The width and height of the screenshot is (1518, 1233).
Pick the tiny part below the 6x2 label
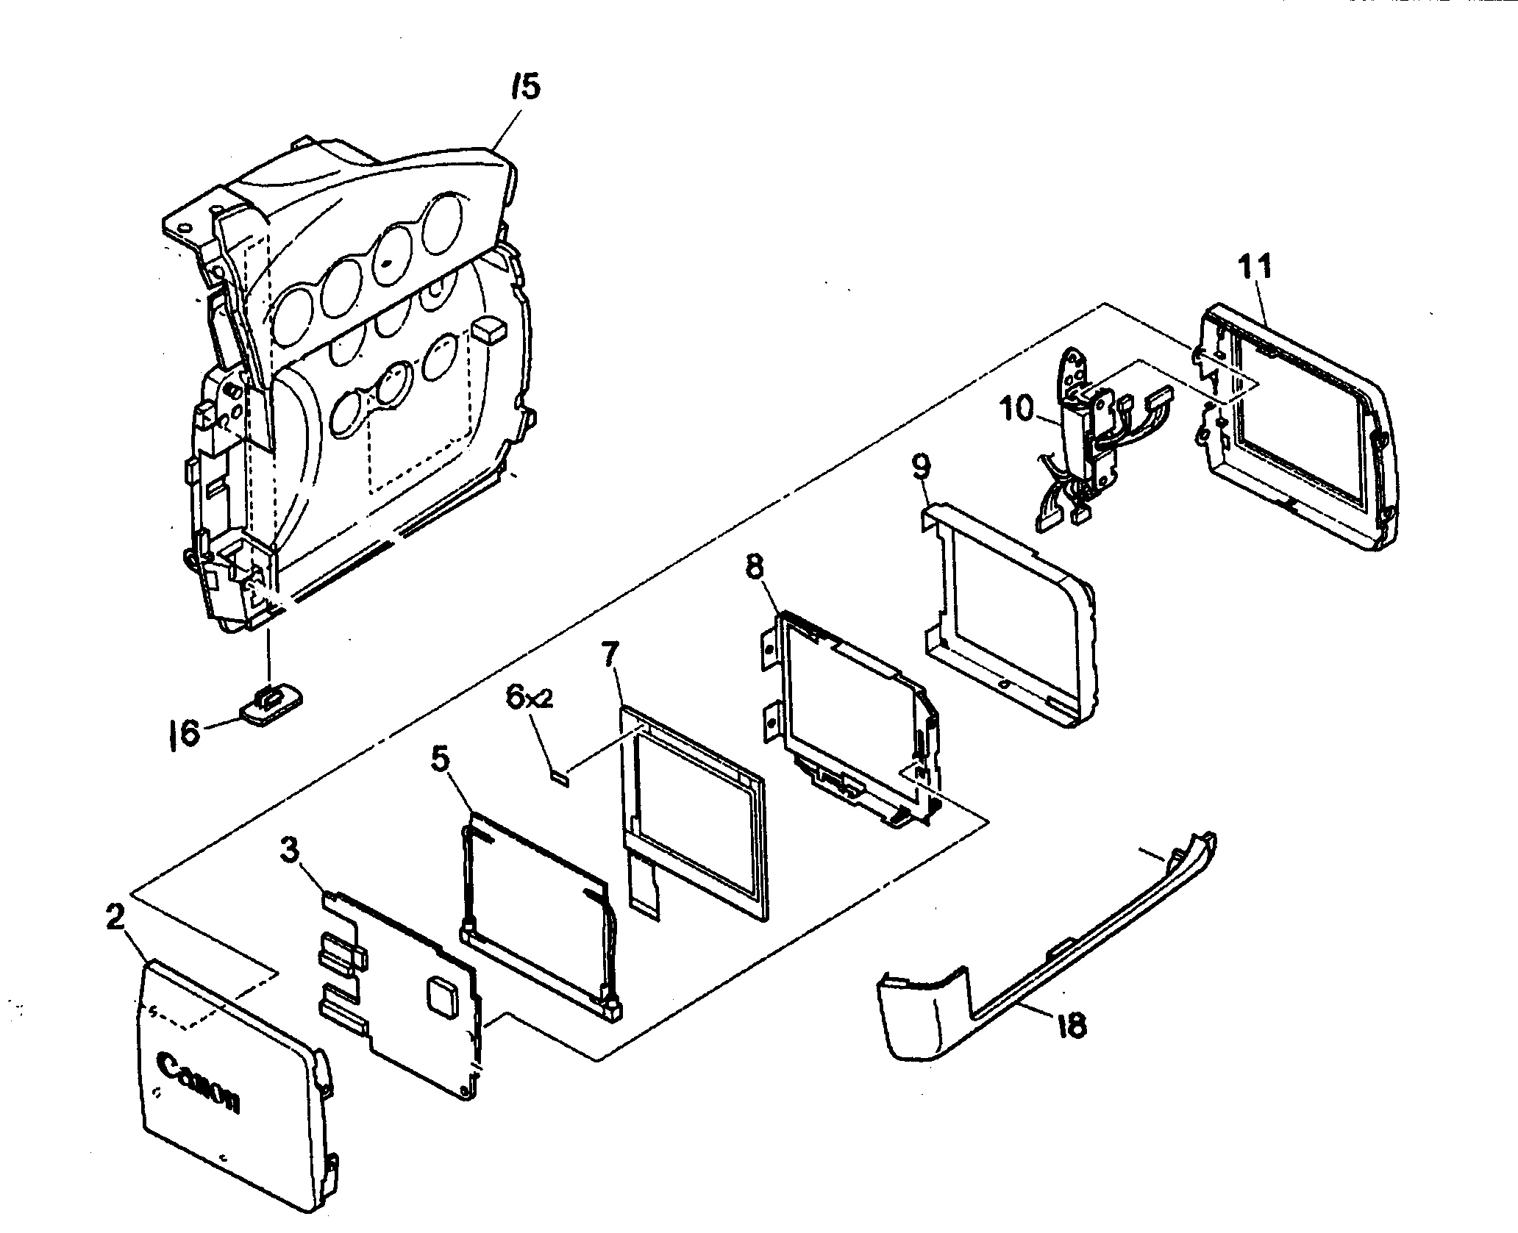(x=559, y=773)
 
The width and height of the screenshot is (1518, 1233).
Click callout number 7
(x=612, y=654)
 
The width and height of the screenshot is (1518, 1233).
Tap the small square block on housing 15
(x=489, y=330)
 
